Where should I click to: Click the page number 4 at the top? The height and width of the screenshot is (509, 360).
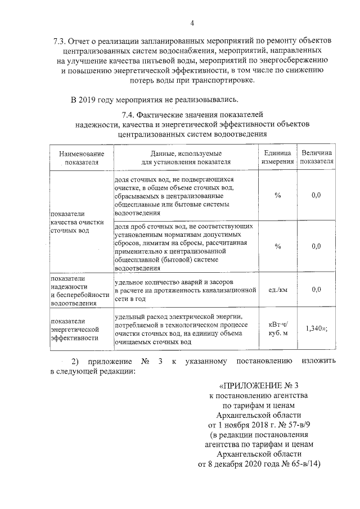[x=192, y=23]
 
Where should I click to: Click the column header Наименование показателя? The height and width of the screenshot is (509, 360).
[x=77, y=157]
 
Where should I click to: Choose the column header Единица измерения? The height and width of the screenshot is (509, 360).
[x=277, y=157]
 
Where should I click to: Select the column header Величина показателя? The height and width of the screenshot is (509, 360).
[x=316, y=157]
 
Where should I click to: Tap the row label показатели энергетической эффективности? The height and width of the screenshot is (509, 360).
[x=75, y=329]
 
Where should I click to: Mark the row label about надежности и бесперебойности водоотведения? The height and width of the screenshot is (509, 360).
[x=78, y=290]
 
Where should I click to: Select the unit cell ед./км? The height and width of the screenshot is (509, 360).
[x=277, y=290]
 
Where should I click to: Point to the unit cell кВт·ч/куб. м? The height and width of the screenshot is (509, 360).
[x=277, y=328]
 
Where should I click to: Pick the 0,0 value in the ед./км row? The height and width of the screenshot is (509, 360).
[x=316, y=290]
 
